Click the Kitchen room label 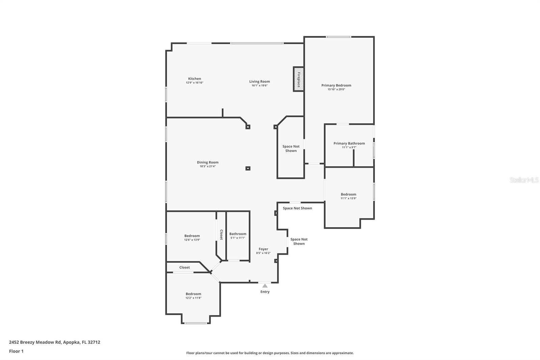coord(194,79)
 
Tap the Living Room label coord(260,81)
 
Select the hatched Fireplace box coord(298,79)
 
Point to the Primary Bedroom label coord(336,85)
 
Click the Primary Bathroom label coord(349,144)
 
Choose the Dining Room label coord(208,162)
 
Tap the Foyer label coord(263,249)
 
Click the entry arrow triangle coord(265,286)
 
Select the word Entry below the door coord(265,292)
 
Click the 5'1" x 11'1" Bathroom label coord(238,234)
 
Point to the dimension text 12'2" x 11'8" coord(193,298)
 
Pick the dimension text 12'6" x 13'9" coord(192,240)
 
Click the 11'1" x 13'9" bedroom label coord(348,195)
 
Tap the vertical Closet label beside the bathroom coord(221,235)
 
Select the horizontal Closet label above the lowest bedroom coord(185,267)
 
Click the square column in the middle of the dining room coord(248,168)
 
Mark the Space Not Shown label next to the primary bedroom coord(291,149)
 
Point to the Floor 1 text coord(16,351)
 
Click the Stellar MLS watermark coord(524,180)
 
